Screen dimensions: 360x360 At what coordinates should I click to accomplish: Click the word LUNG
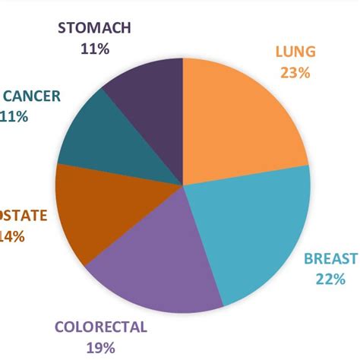click(295, 53)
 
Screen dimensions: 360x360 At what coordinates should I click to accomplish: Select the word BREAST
click(330, 258)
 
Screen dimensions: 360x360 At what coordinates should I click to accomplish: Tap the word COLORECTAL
click(100, 329)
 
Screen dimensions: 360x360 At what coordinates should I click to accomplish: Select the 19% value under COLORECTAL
click(100, 349)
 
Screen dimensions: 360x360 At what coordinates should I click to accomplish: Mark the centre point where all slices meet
click(184, 184)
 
